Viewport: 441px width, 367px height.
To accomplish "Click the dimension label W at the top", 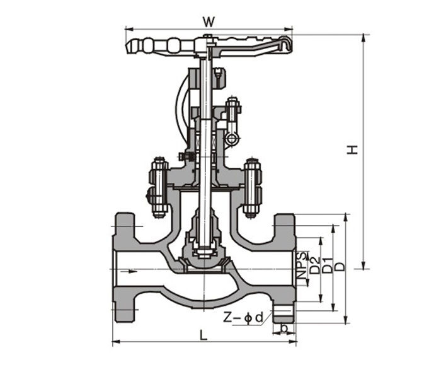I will (209, 21).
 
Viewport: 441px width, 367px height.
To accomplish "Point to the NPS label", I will (303, 265).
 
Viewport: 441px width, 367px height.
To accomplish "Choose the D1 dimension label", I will (326, 265).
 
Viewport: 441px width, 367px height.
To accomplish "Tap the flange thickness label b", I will (285, 329).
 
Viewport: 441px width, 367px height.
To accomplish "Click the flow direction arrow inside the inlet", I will (132, 272).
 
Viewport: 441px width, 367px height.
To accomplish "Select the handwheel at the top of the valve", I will (208, 46).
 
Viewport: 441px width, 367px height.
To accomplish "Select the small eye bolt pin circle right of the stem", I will (232, 139).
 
